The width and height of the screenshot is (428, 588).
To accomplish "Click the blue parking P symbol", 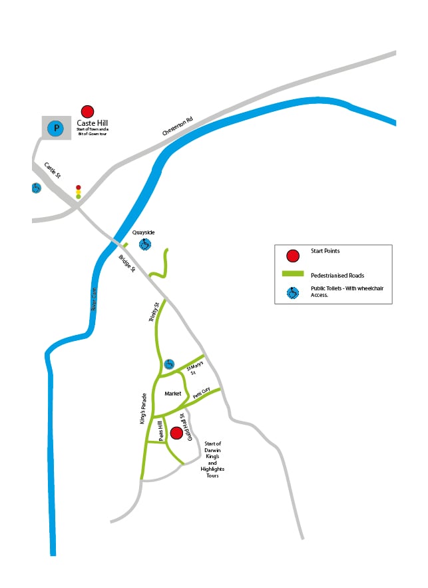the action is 57,128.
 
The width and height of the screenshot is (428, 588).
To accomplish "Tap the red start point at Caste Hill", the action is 87,112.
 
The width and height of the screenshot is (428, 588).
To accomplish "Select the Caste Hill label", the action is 92,123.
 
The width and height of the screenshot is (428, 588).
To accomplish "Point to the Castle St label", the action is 53,170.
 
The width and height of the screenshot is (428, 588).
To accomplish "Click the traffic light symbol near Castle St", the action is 79,192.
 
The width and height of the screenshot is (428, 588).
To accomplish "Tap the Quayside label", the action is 143,232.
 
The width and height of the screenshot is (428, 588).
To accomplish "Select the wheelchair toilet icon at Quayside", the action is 144,244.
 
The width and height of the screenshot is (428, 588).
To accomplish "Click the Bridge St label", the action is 127,264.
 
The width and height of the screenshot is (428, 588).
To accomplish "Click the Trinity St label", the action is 154,313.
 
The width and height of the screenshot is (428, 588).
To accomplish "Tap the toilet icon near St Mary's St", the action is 169,364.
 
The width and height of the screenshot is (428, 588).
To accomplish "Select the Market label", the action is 173,394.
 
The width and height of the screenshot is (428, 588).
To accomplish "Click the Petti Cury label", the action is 202,394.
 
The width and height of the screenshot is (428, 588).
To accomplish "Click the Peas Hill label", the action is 160,431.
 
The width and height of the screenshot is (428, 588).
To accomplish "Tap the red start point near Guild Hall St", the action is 176,434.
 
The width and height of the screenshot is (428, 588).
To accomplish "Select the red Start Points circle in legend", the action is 292,255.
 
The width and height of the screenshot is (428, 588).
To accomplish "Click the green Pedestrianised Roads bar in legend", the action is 293,274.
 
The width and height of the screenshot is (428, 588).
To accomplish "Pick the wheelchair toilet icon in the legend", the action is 292,292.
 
